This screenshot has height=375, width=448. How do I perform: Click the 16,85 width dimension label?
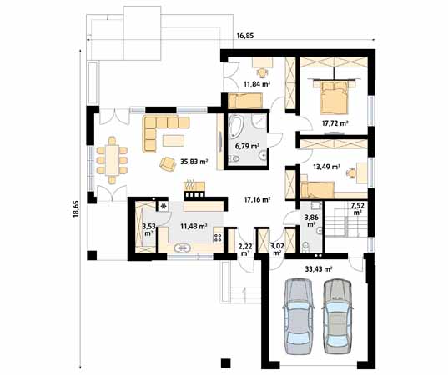(245, 36)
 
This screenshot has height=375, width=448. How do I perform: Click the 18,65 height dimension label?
(76, 209)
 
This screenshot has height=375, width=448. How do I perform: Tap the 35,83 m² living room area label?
(194, 162)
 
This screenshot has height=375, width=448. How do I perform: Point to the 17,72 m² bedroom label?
(335, 123)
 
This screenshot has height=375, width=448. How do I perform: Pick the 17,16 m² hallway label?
(258, 199)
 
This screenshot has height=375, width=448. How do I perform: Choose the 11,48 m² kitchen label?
(194, 227)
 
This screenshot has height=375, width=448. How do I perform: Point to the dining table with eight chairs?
(112, 160)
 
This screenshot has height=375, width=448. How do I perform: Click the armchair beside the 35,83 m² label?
(168, 164)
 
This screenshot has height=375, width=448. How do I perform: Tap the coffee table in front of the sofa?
(174, 140)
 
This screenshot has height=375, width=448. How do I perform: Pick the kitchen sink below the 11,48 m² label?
(183, 248)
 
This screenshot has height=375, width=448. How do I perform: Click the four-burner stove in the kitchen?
(218, 238)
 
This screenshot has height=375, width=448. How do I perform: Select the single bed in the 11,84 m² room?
(245, 101)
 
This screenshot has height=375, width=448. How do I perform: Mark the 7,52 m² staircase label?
(356, 208)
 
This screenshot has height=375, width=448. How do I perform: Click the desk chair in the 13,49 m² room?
(350, 172)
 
